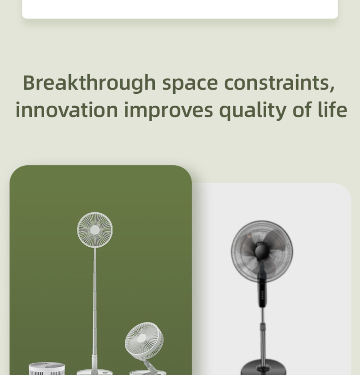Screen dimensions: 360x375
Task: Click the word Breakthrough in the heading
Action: [x=89, y=83]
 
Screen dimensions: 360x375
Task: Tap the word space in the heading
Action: [x=190, y=84]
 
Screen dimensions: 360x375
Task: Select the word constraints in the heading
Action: [x=279, y=82]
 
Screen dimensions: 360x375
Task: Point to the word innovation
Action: [x=67, y=109]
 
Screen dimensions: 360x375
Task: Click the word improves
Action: [x=168, y=111]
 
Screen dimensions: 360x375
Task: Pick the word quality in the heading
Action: [x=253, y=111]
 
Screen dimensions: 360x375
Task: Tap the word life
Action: [x=333, y=109]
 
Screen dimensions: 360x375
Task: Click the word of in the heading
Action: [x=302, y=109]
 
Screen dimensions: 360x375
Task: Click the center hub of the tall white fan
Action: [x=95, y=230]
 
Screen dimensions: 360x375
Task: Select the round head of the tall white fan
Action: [x=95, y=230]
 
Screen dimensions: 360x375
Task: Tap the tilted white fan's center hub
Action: [x=142, y=338]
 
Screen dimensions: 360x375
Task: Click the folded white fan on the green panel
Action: [x=46, y=369]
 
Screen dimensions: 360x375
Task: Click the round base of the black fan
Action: [x=263, y=368]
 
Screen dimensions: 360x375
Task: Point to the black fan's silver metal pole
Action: [x=263, y=335]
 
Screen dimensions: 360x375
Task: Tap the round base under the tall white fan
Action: [x=95, y=372]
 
